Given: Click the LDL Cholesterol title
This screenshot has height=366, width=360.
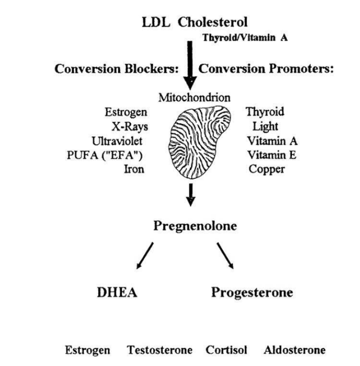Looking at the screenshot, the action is click(195, 23).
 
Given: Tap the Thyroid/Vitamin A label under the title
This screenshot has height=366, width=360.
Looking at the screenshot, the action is click(245, 37).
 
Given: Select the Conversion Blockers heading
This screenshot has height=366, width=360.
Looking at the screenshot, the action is click(116, 69).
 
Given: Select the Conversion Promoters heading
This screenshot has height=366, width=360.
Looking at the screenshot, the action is click(266, 69).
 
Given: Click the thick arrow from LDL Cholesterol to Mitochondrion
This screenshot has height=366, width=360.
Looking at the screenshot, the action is click(190, 66).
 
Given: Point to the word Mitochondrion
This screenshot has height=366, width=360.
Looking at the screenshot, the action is click(195, 98).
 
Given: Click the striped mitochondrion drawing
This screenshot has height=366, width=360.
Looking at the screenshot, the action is click(199, 142).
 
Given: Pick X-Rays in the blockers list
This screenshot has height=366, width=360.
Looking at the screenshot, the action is click(130, 127).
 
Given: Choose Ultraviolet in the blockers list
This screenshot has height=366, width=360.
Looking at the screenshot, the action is click(117, 141).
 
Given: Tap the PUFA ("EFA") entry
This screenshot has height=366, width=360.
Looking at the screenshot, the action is click(104, 155).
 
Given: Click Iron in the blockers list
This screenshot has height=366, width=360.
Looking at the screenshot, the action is click(134, 169).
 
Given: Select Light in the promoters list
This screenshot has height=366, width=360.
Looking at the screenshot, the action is click(265, 127).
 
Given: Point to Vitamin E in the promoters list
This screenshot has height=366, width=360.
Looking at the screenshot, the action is click(272, 155).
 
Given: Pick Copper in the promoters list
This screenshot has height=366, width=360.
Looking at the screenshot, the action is click(267, 169).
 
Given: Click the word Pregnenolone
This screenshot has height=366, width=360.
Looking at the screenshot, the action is click(195, 226).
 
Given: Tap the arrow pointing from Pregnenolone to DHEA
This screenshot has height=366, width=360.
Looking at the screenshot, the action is click(145, 256).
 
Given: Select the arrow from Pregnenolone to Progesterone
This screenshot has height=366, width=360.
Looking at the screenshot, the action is click(225, 256).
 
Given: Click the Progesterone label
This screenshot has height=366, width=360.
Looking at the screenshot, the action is click(252, 293).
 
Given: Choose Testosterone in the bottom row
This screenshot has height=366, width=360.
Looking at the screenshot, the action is click(160, 350).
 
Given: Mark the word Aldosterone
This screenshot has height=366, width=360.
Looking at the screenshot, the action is click(294, 350).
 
